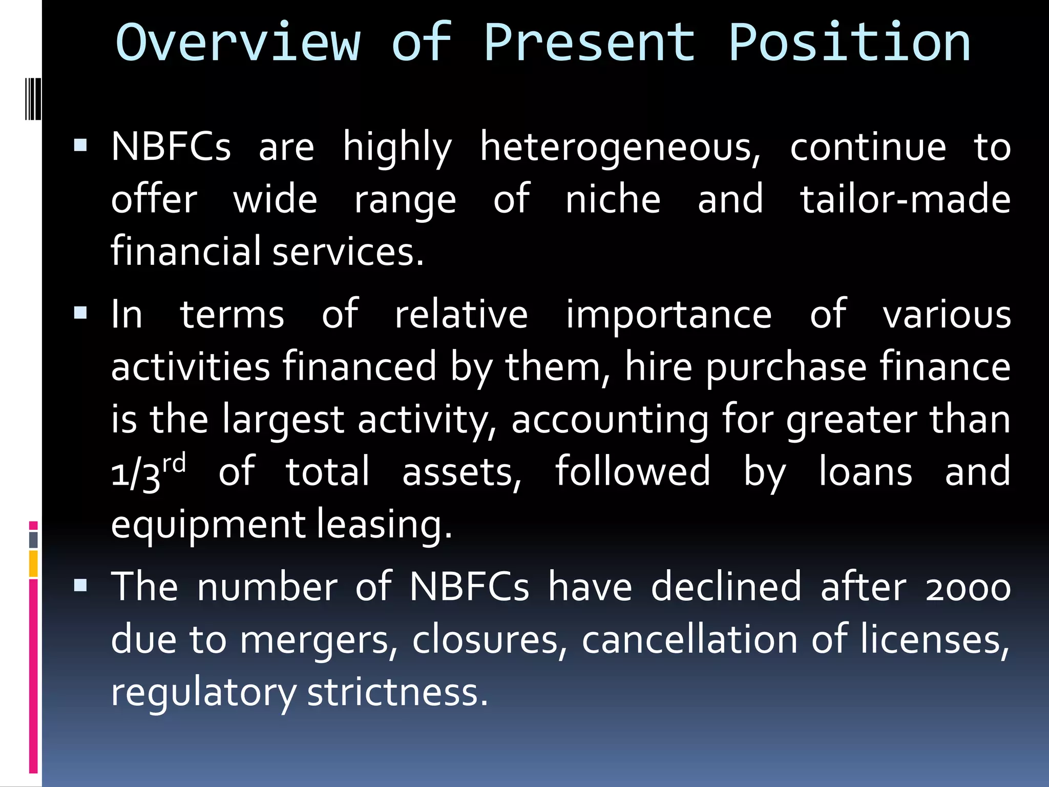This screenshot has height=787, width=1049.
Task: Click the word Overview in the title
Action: (239, 43)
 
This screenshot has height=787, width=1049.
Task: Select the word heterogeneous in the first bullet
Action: (620, 148)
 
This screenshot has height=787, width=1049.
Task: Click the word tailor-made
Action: (905, 199)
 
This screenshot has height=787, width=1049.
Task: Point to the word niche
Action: (613, 199)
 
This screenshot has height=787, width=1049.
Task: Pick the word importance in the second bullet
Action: (668, 315)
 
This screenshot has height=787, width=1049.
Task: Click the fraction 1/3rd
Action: (148, 472)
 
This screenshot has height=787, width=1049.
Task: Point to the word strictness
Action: (397, 693)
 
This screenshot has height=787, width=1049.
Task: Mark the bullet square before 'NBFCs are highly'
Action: (80, 147)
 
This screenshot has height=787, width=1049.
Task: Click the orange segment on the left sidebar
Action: (33, 564)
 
